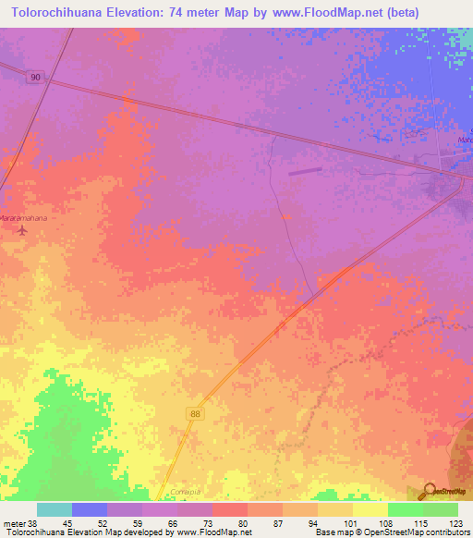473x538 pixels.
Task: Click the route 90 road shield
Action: [35, 79]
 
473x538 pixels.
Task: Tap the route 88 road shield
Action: [195, 414]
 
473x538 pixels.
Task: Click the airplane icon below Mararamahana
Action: [22, 229]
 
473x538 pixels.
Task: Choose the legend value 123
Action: [456, 523]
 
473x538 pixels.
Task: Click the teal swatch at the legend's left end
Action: [55, 509]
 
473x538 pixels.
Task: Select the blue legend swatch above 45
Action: [90, 509]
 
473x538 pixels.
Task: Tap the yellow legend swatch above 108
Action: [370, 509]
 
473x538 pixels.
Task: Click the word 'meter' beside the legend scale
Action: [15, 523]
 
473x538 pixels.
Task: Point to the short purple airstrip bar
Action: [305, 170]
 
